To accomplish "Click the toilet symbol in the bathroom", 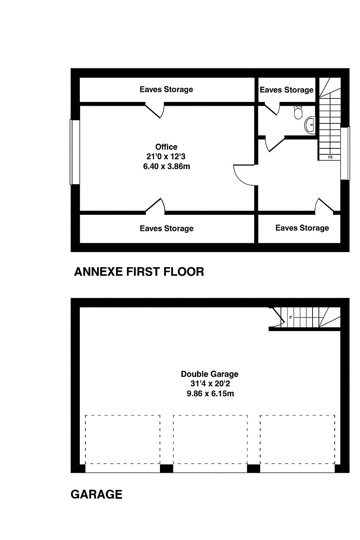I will pos(298,112).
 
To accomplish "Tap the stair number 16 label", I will pos(330,157).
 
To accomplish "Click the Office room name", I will pos(166,147).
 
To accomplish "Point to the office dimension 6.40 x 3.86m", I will pos(166,166).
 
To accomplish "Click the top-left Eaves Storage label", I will pos(166,89).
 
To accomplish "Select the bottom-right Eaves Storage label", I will pos(302,228).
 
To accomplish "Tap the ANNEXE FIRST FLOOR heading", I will pos(139,272).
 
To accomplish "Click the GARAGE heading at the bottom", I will pos(96,494).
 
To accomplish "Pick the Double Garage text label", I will pos(210,374).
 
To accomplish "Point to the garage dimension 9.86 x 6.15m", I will pos(210,393).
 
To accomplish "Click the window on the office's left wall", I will pos(75,152).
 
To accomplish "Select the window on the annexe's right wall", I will pos(345,154).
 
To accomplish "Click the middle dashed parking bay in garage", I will pos(210,439).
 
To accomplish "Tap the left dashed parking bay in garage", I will pos(123,439).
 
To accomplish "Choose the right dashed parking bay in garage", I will pos(297,439).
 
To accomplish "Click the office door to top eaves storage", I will pos(155,110).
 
